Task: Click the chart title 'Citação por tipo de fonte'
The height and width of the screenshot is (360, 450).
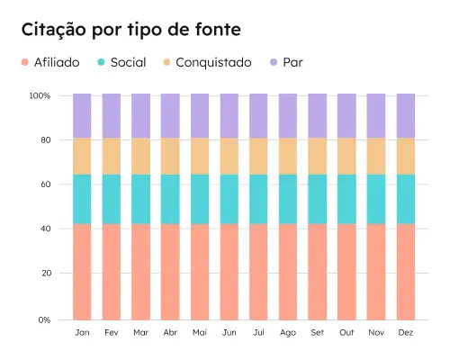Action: pos(130,30)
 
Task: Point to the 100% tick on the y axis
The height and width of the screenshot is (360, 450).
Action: pos(40,95)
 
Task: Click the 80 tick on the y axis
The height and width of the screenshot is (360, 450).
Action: pos(43,139)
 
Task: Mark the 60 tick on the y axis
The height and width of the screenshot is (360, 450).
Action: pos(43,184)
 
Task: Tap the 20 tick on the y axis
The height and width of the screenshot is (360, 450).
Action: pos(43,273)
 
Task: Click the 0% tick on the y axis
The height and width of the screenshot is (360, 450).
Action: pos(41,319)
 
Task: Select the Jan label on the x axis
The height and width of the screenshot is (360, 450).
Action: pos(82,333)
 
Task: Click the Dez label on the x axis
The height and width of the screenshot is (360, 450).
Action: pos(406,333)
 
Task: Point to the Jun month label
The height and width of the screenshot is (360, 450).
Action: pos(229,333)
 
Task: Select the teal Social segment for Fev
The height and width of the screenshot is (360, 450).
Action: pos(112,199)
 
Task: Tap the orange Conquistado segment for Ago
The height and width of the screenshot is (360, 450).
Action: pos(288,156)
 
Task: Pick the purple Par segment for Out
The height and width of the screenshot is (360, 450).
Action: pos(347,115)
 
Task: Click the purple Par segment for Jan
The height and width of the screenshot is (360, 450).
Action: pos(82,115)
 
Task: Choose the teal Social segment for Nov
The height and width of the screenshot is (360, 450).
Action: pos(376,199)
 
